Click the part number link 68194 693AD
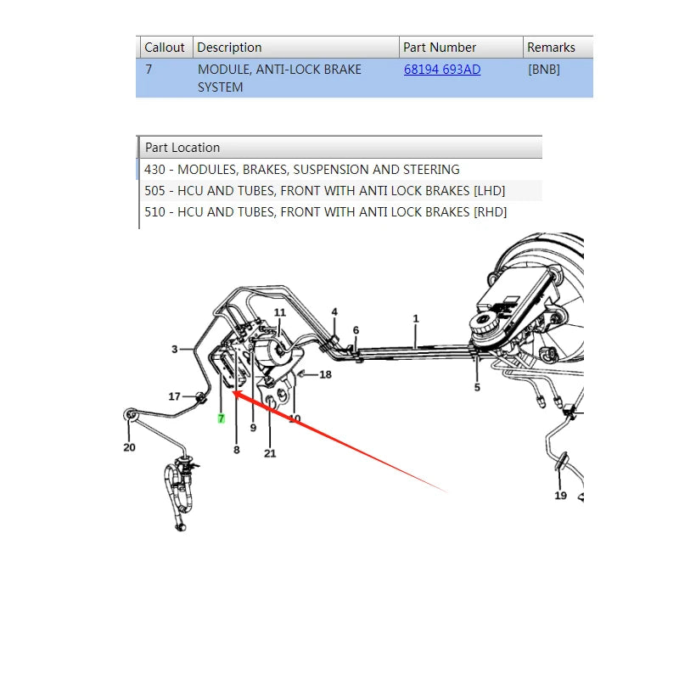point(442,70)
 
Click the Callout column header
point(165,48)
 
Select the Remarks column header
point(551,48)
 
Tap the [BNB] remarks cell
point(544,70)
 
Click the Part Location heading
point(182,148)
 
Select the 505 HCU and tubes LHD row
point(325,190)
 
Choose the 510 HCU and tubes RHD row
point(326,211)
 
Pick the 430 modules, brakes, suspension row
point(302,169)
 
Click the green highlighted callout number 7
point(222,418)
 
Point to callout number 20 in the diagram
point(130,447)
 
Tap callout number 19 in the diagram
point(561,496)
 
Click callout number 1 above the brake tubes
point(416,319)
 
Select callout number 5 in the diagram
point(477,387)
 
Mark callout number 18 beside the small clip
point(326,374)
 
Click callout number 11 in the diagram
point(280,312)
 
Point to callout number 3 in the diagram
point(175,349)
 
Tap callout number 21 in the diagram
point(270,453)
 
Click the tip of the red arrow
point(233,391)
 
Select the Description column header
point(229,48)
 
